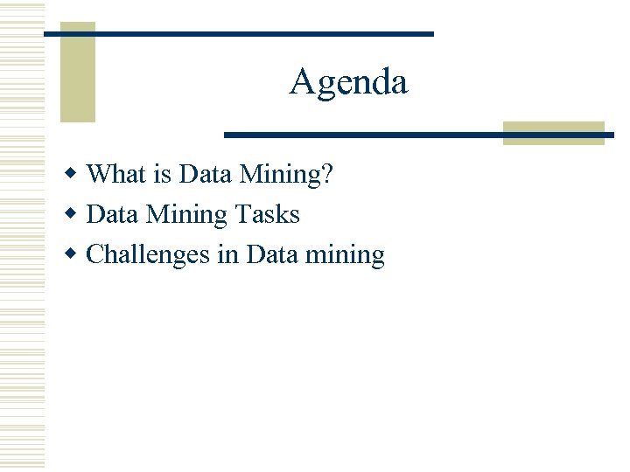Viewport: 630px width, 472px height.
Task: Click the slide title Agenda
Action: [348, 82]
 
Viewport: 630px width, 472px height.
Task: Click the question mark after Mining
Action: [326, 174]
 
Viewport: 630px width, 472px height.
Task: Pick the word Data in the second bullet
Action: [115, 214]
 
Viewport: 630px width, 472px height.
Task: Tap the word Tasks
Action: [268, 214]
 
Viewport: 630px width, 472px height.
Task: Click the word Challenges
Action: [150, 255]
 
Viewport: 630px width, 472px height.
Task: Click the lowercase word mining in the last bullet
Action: [347, 256]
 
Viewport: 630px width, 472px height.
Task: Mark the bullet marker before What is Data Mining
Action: [75, 174]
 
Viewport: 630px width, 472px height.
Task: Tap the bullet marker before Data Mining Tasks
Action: [75, 214]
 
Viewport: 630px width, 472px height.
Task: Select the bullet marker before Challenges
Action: [75, 254]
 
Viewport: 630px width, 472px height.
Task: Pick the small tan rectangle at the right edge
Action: [554, 132]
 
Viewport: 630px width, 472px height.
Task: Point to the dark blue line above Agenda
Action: [238, 33]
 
